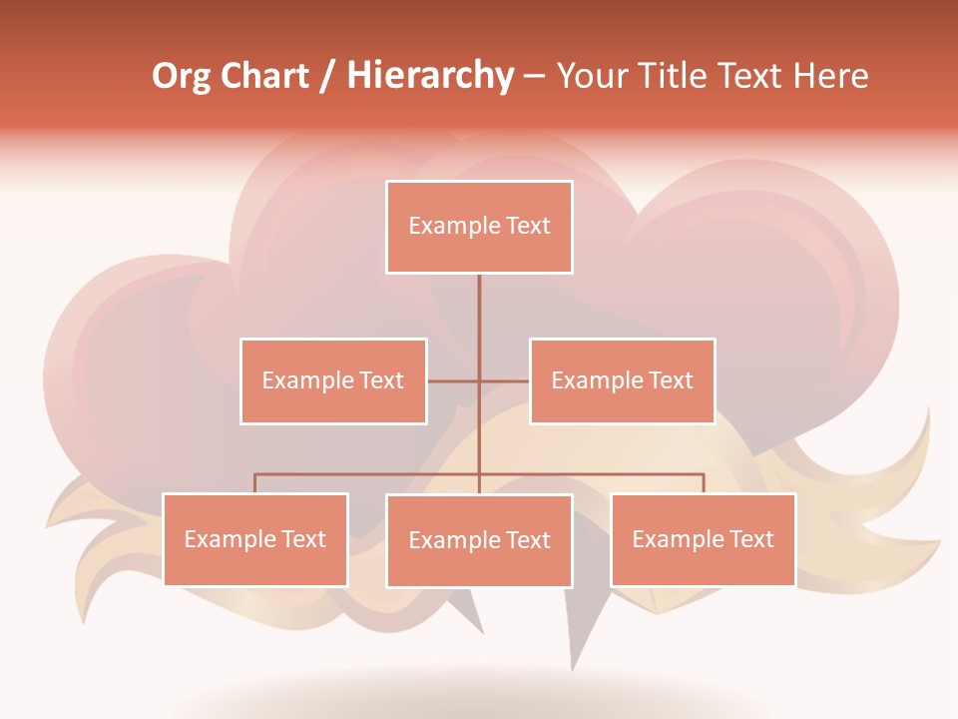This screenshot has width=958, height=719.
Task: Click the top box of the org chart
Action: coord(479,227)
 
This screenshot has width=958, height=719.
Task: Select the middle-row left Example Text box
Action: coord(333,380)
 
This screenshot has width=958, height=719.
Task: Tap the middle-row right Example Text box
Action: coord(622,380)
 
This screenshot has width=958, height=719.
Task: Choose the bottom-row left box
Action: coord(255,539)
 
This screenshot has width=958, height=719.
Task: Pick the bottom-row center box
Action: coord(479,540)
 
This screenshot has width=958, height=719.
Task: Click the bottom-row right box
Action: coord(703,539)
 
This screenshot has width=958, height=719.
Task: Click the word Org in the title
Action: coord(181,77)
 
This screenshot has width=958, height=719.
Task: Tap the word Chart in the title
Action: coord(264,77)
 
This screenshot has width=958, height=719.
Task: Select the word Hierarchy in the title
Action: coord(430,77)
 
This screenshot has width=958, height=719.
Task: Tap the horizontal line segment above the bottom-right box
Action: coord(649,474)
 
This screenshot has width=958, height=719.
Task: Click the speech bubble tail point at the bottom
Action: coord(574,667)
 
